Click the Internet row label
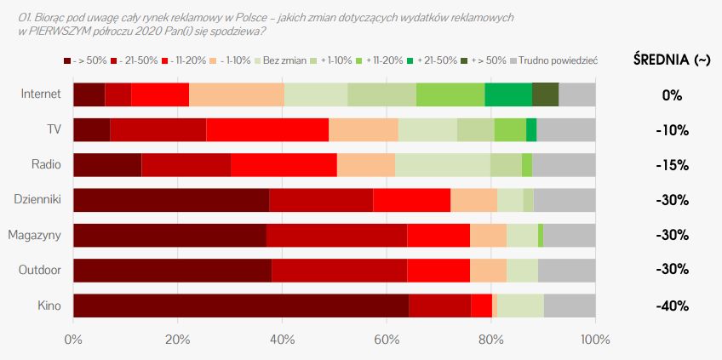pyautogui.click(x=40, y=94)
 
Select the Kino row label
pyautogui.click(x=49, y=306)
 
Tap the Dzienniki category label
pyautogui.click(x=37, y=200)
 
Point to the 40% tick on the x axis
pyautogui.click(x=282, y=340)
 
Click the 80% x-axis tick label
pyautogui.click(x=491, y=340)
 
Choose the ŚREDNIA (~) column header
pyautogui.click(x=672, y=60)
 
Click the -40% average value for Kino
pyautogui.click(x=672, y=306)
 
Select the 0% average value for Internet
pyautogui.click(x=672, y=94)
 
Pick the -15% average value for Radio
pyautogui.click(x=672, y=165)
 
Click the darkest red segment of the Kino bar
pyautogui.click(x=240, y=306)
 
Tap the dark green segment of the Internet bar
pyautogui.click(x=545, y=94)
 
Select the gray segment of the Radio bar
pyautogui.click(x=564, y=165)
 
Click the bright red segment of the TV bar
pyautogui.click(x=267, y=129)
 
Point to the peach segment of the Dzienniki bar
pyautogui.click(x=473, y=200)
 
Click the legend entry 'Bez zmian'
pyautogui.click(x=285, y=60)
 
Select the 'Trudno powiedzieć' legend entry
pyautogui.click(x=559, y=60)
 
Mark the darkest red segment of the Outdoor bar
pyautogui.click(x=172, y=271)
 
